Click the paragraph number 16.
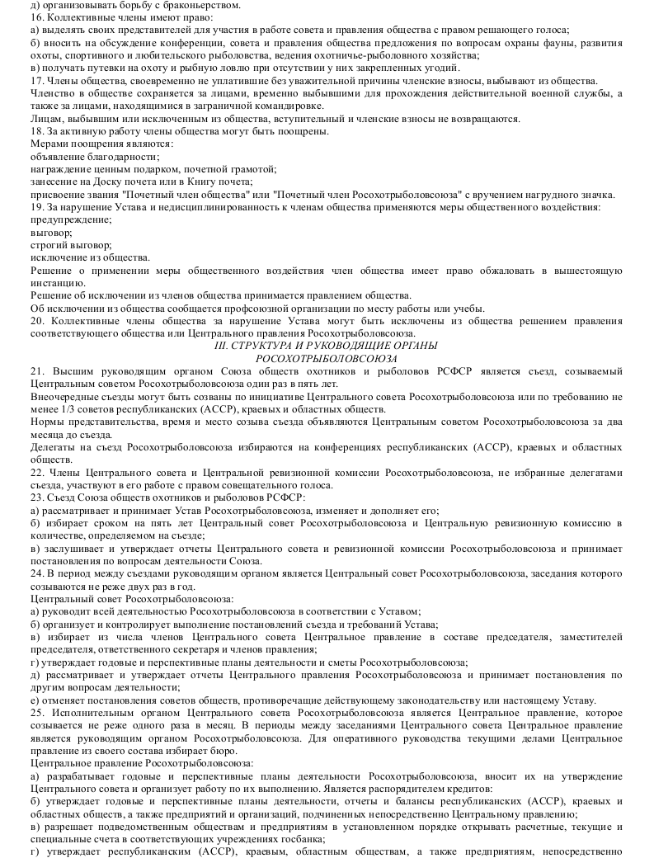tap(36, 16)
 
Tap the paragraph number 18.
tap(36, 131)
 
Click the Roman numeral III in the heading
tap(220, 346)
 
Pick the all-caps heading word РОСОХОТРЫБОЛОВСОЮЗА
tap(327, 359)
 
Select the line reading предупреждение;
tap(70, 219)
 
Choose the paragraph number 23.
tap(36, 497)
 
